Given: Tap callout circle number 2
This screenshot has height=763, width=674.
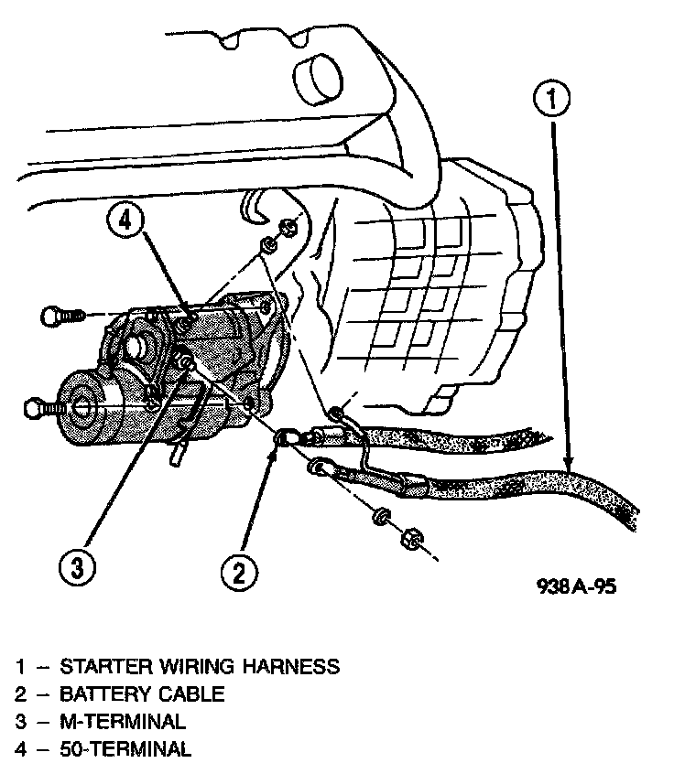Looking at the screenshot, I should pos(238,572).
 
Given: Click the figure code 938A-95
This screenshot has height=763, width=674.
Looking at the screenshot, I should pos(576,587).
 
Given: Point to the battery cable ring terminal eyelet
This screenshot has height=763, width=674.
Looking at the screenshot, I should pos(285,439).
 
